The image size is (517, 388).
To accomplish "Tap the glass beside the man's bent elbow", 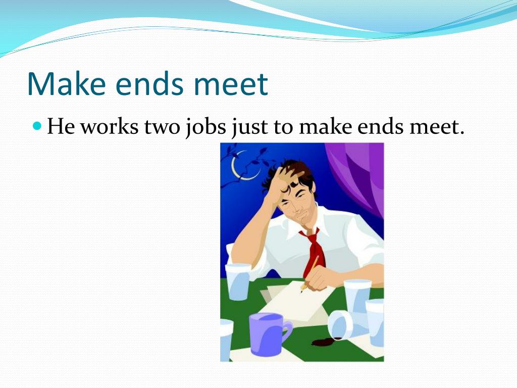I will [237, 281].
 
